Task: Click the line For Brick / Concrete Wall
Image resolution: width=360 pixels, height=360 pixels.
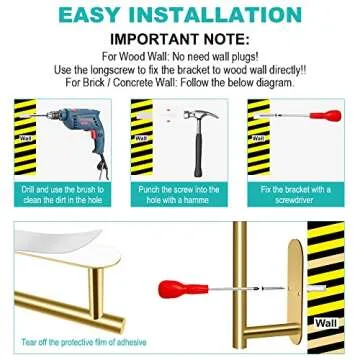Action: [x=179, y=84]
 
